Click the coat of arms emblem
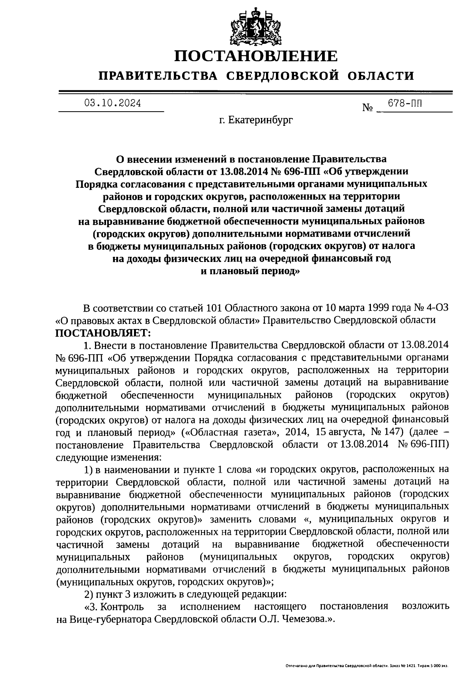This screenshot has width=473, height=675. pyautogui.click(x=256, y=25)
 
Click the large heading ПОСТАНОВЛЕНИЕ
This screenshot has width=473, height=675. pyautogui.click(x=256, y=56)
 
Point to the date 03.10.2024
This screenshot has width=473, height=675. pyautogui.click(x=112, y=104)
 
